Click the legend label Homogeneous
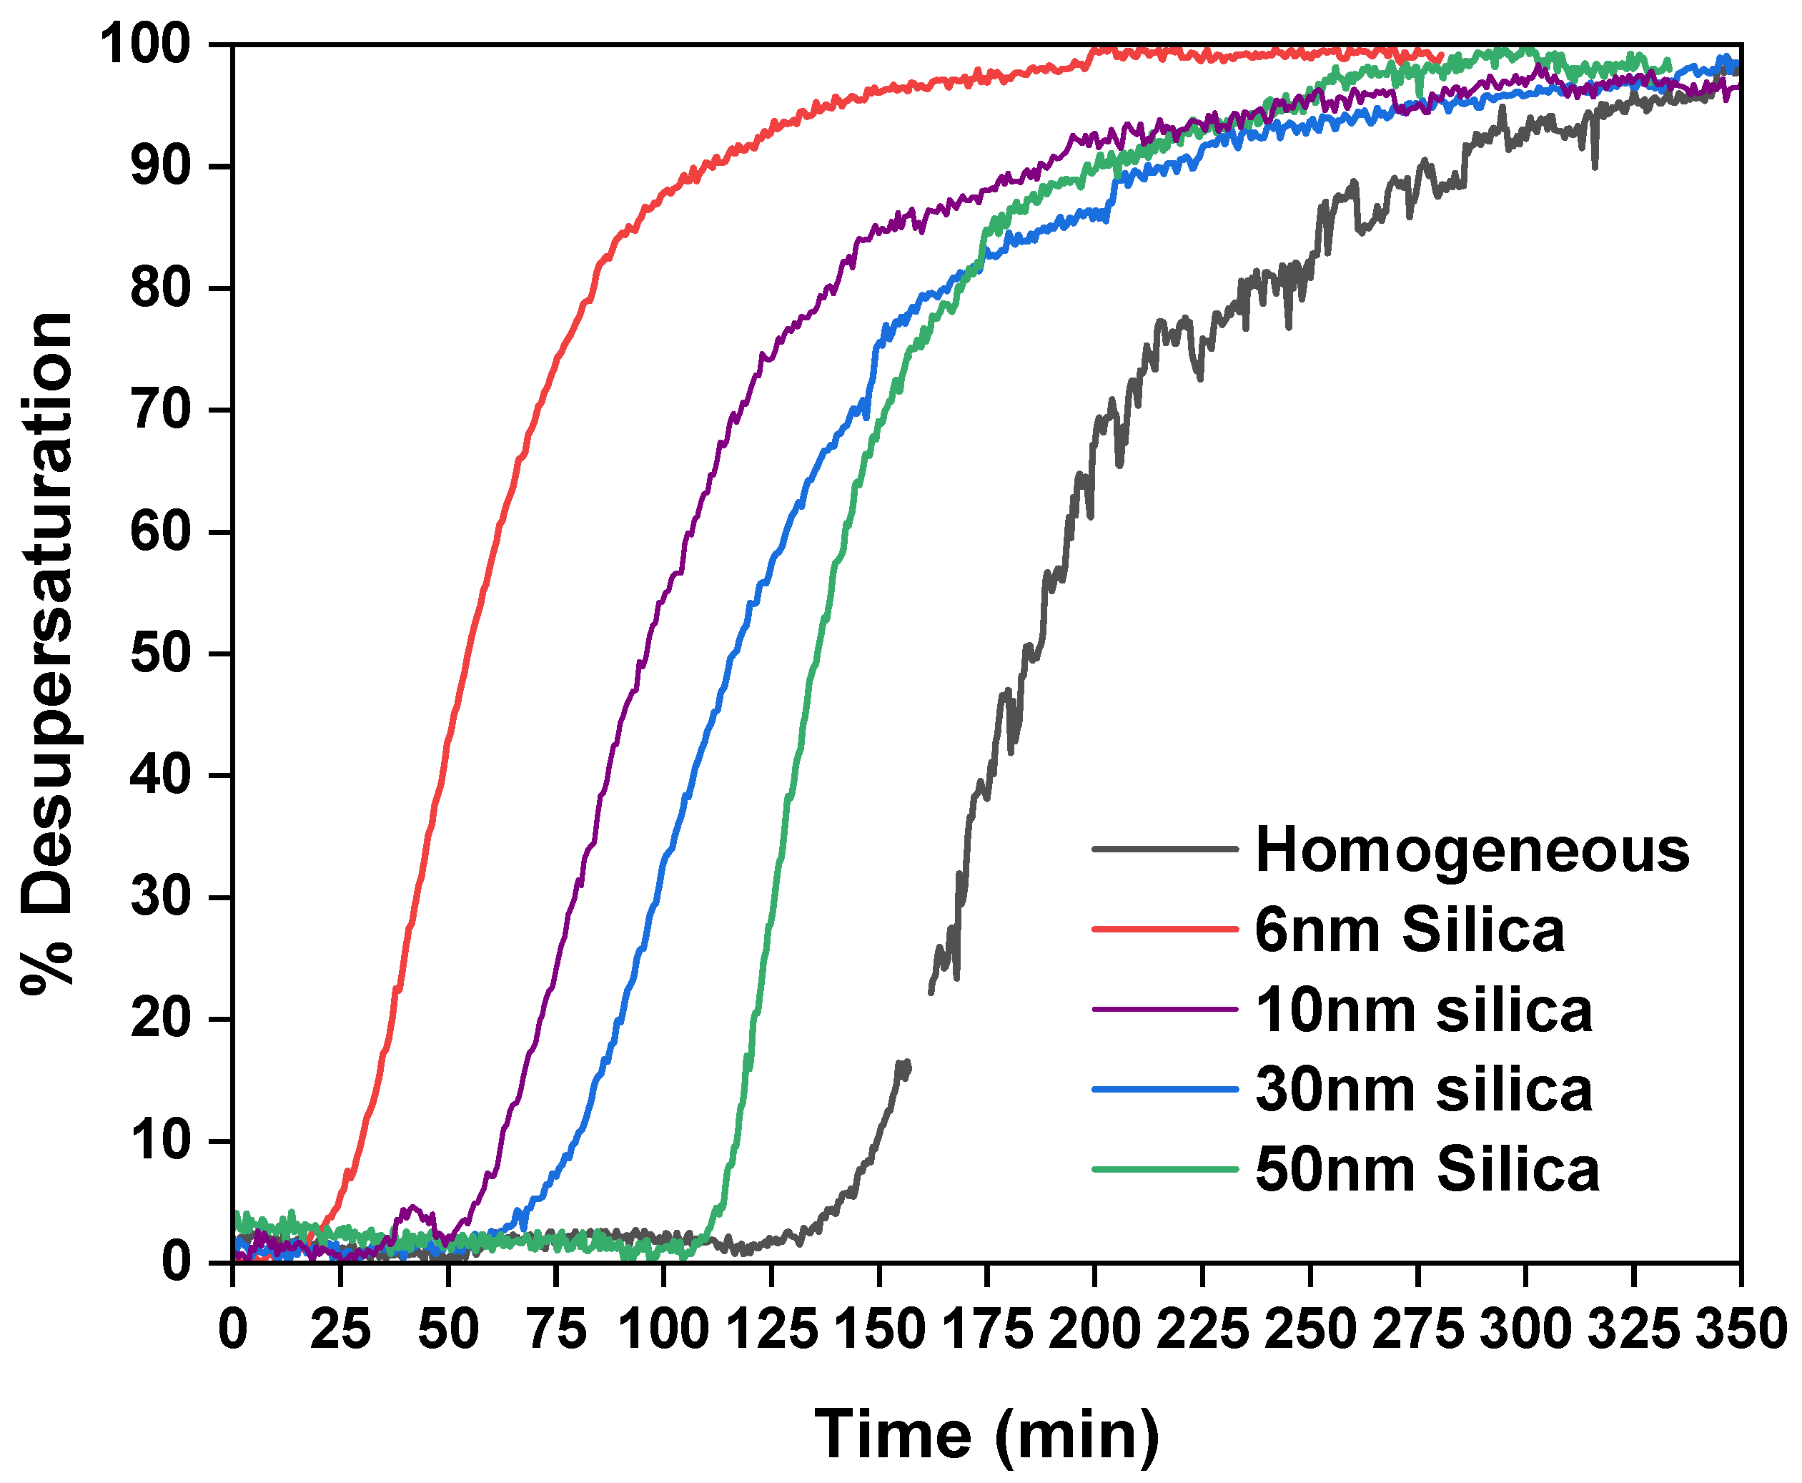tap(1472, 850)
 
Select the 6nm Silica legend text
tap(1409, 930)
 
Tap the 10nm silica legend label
tap(1424, 1010)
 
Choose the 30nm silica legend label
tap(1424, 1090)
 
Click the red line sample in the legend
tap(1164, 929)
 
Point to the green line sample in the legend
tap(1164, 1168)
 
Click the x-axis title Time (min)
tap(986, 1434)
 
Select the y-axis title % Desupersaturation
tap(47, 654)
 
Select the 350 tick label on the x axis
tap(1741, 1330)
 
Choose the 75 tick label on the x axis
tap(556, 1330)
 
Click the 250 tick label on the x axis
tap(1310, 1330)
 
